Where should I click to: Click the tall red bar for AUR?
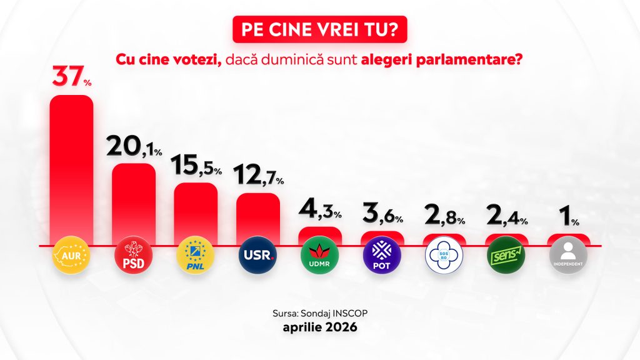[x=71, y=169]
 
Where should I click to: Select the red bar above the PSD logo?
[x=133, y=203]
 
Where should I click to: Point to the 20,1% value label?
[x=133, y=147]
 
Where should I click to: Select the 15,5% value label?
[x=196, y=167]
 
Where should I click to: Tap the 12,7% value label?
[x=257, y=177]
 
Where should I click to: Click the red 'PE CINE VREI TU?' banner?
[x=319, y=30]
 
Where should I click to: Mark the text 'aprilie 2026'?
[x=319, y=327]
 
